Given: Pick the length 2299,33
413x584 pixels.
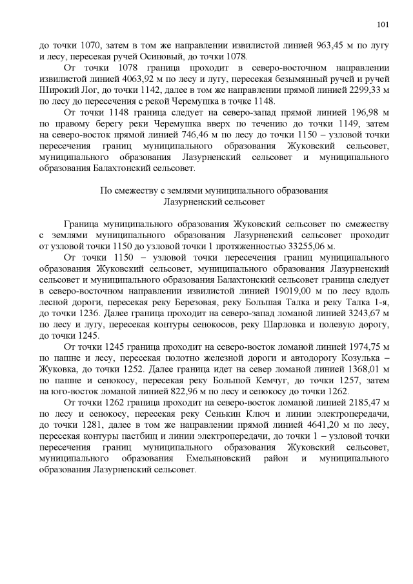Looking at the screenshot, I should click(350, 90).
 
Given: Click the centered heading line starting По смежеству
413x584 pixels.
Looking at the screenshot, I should click(214, 190).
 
